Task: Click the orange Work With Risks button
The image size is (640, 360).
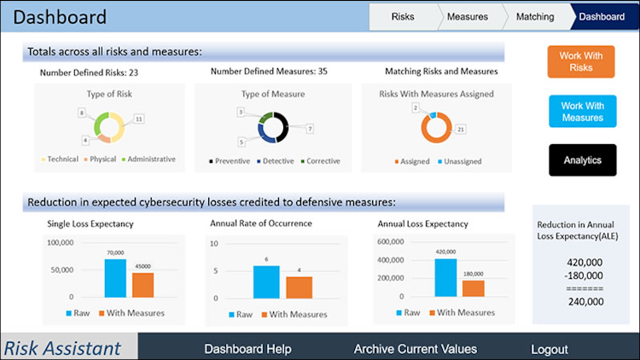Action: [581, 61]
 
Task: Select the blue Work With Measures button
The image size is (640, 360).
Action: [582, 112]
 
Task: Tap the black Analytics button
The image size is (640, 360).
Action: [582, 160]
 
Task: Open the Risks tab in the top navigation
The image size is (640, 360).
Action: [403, 16]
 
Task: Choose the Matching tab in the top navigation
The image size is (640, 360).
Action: [536, 16]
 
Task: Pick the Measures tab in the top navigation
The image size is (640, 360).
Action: [468, 16]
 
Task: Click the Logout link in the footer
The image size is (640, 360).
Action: [549, 349]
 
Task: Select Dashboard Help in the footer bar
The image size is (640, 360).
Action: [247, 349]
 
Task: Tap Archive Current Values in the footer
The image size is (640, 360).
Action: [415, 349]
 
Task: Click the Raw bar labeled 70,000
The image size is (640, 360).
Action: [115, 277]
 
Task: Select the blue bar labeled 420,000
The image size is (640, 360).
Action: [445, 277]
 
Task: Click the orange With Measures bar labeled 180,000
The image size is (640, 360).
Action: [474, 288]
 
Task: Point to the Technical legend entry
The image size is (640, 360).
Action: [59, 160]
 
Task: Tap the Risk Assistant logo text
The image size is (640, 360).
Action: [61, 348]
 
